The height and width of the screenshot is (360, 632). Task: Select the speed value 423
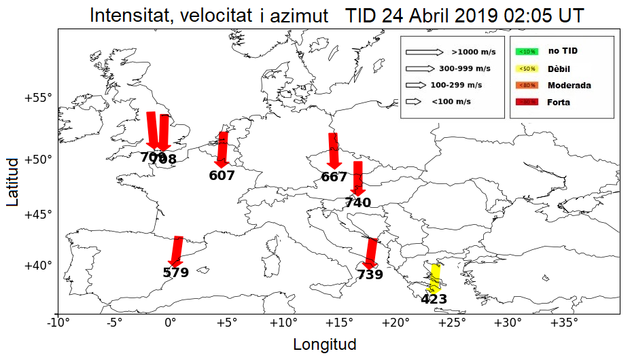434,299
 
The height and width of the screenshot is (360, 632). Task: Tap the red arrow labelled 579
177,251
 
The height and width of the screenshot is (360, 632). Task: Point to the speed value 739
370,274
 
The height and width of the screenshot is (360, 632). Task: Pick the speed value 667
334,177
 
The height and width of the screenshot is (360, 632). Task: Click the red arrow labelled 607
222,149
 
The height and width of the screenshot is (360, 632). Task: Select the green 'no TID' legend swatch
527,51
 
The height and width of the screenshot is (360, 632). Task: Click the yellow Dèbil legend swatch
527,69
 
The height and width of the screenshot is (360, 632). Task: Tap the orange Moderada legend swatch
527,86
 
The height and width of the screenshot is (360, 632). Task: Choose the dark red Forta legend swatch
527,103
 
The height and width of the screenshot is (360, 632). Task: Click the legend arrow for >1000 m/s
424,52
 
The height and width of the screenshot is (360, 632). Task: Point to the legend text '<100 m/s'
451,102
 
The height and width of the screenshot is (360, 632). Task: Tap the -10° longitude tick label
58,323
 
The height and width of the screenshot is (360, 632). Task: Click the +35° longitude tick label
564,323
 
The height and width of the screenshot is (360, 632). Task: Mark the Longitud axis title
325,344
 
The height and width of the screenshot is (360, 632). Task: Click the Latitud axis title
13,181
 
